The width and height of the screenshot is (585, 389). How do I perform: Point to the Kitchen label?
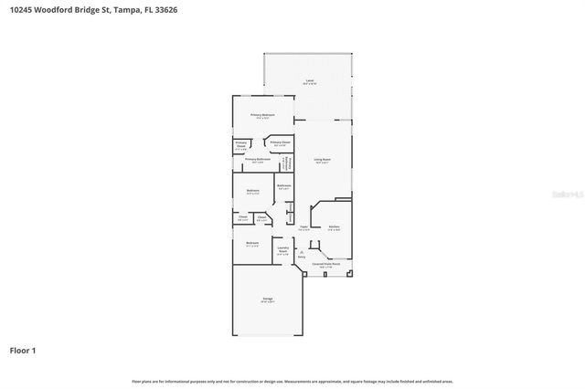click(x=335, y=227)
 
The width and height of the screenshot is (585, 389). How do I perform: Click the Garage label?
click(x=268, y=300)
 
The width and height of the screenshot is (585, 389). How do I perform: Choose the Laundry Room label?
click(x=282, y=248)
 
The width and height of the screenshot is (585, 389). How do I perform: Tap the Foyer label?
click(x=303, y=228)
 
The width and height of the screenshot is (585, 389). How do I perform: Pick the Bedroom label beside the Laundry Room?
click(x=251, y=243)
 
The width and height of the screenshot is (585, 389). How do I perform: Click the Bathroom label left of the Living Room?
click(x=284, y=186)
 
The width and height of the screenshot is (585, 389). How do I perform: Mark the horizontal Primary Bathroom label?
click(x=258, y=160)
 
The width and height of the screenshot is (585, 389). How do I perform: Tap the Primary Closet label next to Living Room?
click(x=280, y=142)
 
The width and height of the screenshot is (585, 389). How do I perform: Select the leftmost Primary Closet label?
click(x=241, y=145)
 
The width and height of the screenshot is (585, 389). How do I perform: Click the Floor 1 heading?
click(x=24, y=350)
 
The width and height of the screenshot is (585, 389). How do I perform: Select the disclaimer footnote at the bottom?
click(x=292, y=381)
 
